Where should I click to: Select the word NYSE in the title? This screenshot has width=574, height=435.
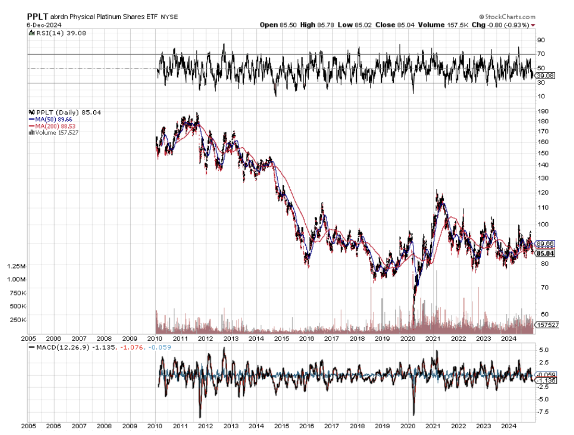[x=169, y=17]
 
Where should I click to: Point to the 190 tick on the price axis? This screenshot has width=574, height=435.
[x=542, y=111]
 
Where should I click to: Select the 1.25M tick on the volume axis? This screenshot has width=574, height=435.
[x=17, y=266]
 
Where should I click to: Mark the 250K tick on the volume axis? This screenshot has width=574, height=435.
[x=18, y=320]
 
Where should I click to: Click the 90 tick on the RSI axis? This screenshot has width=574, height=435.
[x=541, y=40]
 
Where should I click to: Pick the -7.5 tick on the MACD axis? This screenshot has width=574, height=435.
[x=543, y=412]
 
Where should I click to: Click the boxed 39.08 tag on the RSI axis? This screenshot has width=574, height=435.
[x=545, y=75]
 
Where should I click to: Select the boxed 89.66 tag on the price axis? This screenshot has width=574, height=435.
[x=545, y=244]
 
